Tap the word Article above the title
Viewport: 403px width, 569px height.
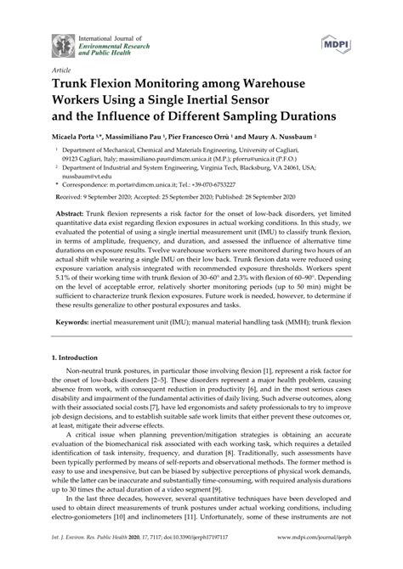pyautogui.click(x=62, y=70)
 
